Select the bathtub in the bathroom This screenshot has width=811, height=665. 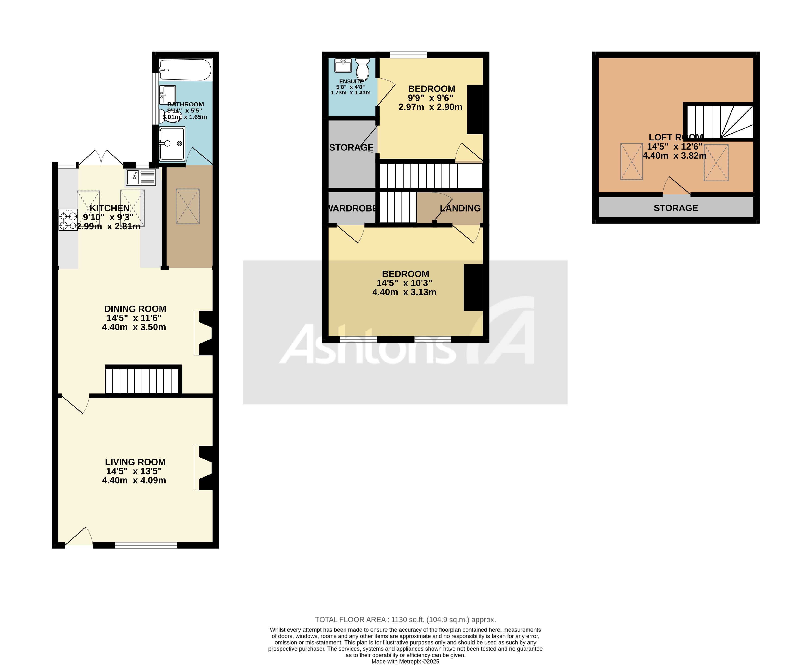click(x=185, y=70)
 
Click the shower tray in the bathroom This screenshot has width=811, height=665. click(x=172, y=144)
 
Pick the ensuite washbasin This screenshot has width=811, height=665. click(x=343, y=66)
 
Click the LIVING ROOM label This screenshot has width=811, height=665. click(x=135, y=462)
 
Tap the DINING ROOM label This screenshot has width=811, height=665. click(x=135, y=309)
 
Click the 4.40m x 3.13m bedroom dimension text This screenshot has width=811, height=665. click(x=404, y=292)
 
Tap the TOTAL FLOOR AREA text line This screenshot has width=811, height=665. click(x=405, y=619)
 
